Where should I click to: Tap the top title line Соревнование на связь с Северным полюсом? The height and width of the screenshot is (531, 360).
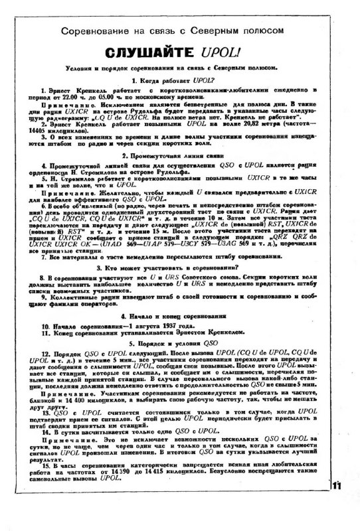click(179, 31)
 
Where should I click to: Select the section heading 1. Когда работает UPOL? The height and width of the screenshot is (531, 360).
click(180, 79)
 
